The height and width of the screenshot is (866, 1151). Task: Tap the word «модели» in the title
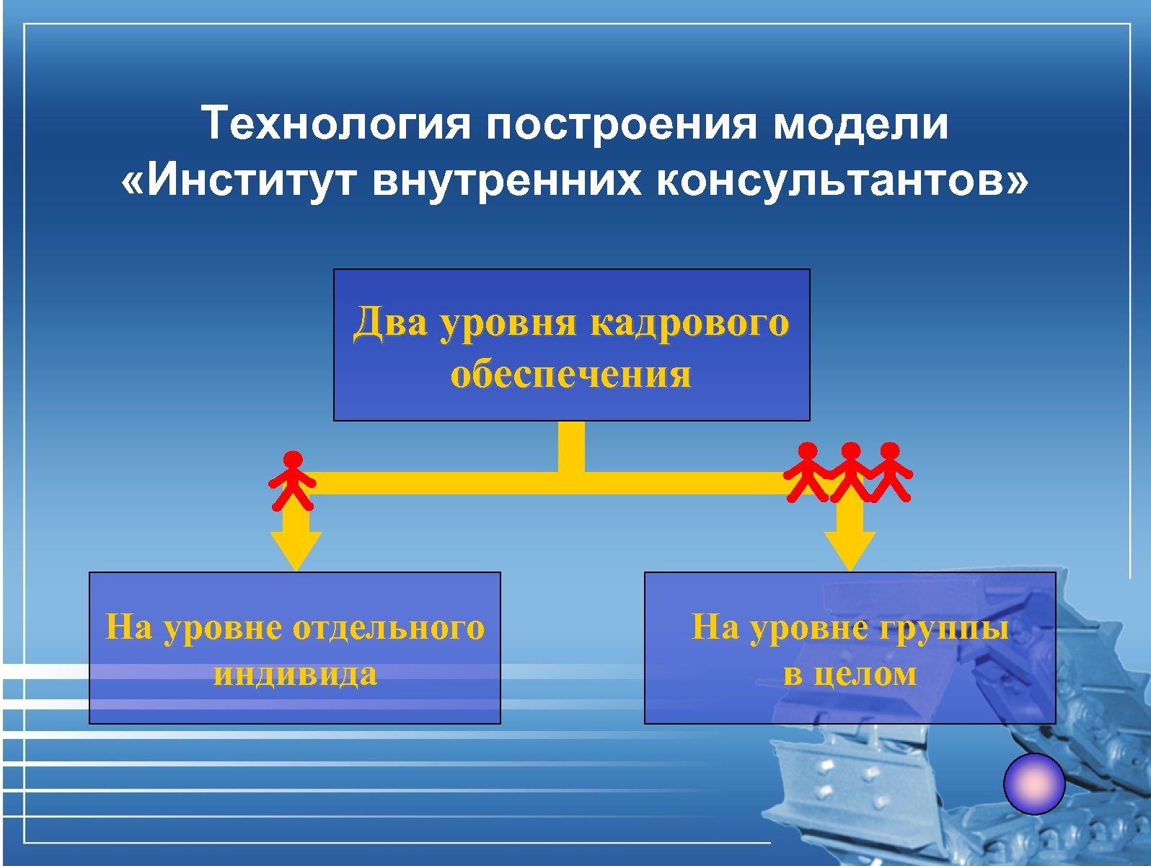point(860,123)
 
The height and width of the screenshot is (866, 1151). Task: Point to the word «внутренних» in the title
point(506,180)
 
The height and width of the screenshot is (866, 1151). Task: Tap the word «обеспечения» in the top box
point(570,374)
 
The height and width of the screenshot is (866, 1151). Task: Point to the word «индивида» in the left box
point(295,673)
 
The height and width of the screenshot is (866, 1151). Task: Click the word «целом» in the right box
point(865,673)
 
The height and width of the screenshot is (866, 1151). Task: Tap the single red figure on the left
point(292,479)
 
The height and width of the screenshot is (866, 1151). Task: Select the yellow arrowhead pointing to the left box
point(296,550)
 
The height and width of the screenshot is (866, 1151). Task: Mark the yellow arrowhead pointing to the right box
point(850,550)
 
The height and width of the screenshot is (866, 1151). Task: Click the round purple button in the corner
point(1034,784)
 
